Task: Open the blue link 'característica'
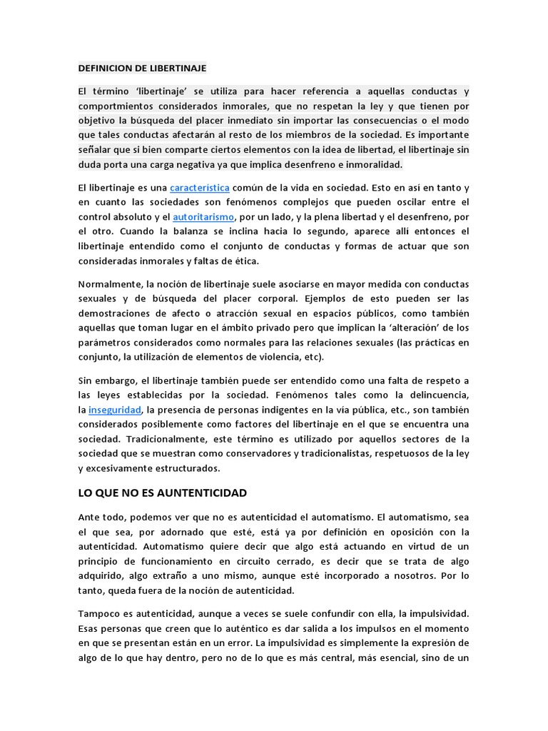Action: click(x=199, y=188)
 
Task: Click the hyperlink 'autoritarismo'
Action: click(x=203, y=216)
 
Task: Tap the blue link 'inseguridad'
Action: click(x=115, y=410)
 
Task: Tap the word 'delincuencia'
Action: click(x=437, y=395)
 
